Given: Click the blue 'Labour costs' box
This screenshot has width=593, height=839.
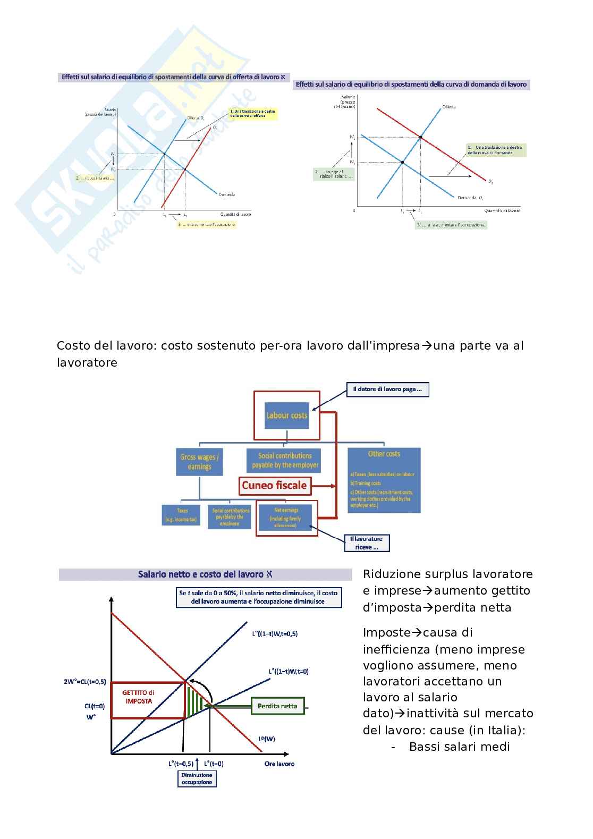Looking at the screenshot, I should pos(287,416).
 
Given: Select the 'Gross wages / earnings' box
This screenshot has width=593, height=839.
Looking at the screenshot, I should pos(199,462).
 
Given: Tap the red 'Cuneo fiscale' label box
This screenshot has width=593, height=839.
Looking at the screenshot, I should pos(275,485).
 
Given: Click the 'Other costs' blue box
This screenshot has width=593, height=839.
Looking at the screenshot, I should pos(384,480).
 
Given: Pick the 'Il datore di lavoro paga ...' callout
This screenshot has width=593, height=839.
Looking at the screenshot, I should pos(387,389).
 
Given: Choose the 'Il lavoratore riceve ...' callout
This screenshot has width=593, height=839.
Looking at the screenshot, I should pos(367,543).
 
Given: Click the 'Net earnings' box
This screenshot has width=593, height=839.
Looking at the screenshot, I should pos(287,518).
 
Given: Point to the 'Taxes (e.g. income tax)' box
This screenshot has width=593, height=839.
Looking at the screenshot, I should pos(181,515).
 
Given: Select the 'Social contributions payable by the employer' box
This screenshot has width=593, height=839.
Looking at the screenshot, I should pos(285,460).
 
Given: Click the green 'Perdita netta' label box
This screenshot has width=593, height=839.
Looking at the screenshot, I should pos(277,706).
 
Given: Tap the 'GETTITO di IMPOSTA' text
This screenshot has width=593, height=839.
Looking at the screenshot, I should pos(138,697).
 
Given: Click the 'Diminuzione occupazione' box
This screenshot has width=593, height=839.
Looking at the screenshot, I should pos(197,778).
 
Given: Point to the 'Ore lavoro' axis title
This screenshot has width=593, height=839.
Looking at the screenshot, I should pos(279,764).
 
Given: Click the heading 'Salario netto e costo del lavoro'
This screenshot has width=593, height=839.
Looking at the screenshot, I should pos(205,574).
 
